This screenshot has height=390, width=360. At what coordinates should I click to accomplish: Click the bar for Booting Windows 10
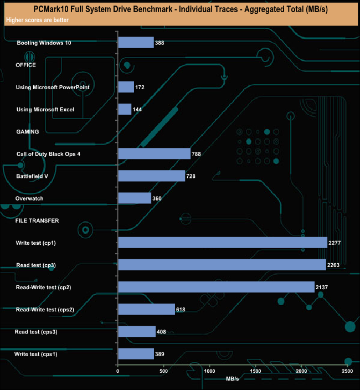pyautogui.click(x=136, y=43)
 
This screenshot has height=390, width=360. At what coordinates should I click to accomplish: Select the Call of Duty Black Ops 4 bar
pyautogui.click(x=154, y=153)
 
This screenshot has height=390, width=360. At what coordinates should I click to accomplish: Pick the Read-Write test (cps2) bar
pyautogui.click(x=146, y=309)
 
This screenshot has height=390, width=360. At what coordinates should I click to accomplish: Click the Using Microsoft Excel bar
pyautogui.click(x=125, y=109)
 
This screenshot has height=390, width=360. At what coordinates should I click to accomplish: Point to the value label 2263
pyautogui.click(x=334, y=265)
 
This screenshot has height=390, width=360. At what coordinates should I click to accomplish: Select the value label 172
pyautogui.click(x=140, y=88)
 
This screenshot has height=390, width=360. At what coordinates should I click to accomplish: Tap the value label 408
pyautogui.click(x=163, y=332)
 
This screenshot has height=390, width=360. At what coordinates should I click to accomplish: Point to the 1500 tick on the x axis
pyautogui.click(x=256, y=371)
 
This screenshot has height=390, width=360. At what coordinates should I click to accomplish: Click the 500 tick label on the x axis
pyautogui.click(x=164, y=371)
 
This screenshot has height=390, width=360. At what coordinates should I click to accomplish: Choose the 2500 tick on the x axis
pyautogui.click(x=348, y=371)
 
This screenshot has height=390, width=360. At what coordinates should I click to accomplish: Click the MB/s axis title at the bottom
pyautogui.click(x=233, y=378)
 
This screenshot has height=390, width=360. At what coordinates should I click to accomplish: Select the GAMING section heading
pyautogui.click(x=27, y=132)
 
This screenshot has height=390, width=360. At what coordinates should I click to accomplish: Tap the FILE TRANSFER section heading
pyautogui.click(x=37, y=220)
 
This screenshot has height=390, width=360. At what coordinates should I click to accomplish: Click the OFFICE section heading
pyautogui.click(x=26, y=65)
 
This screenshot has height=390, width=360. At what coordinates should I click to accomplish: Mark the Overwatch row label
pyautogui.click(x=29, y=198)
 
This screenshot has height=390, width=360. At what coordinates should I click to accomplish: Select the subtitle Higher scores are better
pyautogui.click(x=36, y=20)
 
